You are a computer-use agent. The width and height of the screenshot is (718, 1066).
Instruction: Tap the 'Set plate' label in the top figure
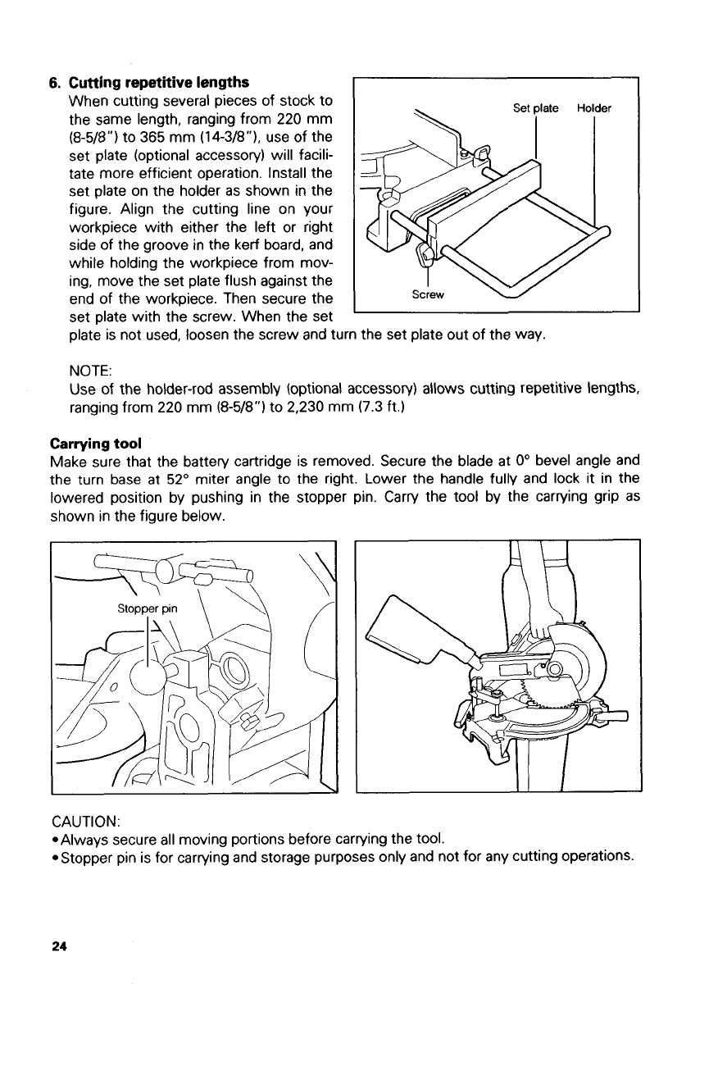pos(536,108)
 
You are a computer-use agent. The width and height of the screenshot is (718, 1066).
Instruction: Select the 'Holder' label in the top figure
pos(594,108)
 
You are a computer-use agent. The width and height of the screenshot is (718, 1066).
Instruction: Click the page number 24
pos(57,945)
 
